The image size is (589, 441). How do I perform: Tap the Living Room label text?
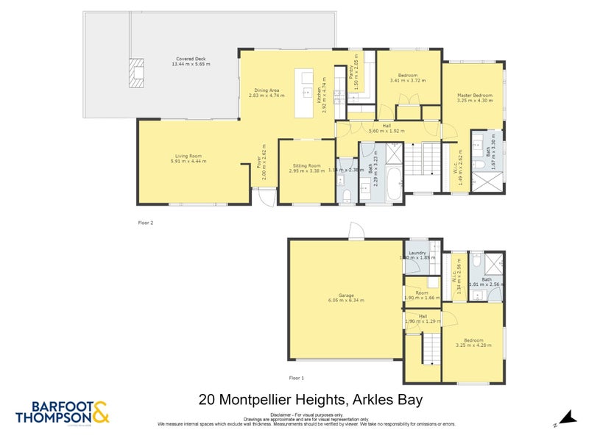coord(188,156)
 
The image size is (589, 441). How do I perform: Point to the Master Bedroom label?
coord(473,96)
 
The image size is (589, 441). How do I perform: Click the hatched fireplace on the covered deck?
coord(135,73)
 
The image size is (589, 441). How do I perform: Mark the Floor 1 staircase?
coord(428,346)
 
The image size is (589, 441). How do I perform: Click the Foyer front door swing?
coord(266,196)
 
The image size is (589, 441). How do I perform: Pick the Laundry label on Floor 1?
coord(417,253)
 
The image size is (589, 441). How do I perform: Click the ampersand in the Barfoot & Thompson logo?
coord(100,412)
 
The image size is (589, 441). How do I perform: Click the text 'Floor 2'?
coord(146,221)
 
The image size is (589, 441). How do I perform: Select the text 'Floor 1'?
coord(296,377)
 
